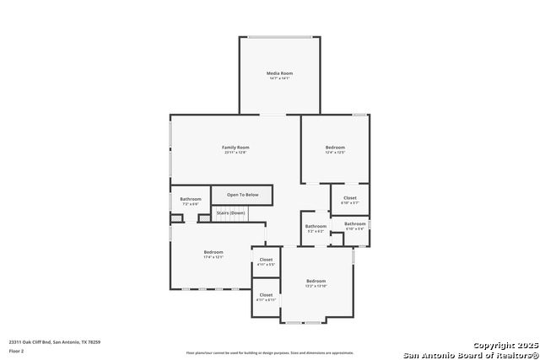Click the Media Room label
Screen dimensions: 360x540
click(279, 73)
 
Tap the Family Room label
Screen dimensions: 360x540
click(235, 148)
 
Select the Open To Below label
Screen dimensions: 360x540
click(242, 195)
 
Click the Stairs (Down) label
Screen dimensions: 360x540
click(230, 212)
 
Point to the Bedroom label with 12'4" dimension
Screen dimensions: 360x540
click(335, 148)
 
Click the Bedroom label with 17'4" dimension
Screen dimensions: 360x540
click(213, 252)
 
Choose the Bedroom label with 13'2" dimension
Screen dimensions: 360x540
click(316, 281)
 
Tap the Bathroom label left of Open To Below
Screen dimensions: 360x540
click(191, 199)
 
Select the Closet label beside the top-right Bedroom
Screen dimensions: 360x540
click(349, 198)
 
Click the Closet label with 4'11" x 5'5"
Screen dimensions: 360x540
click(266, 260)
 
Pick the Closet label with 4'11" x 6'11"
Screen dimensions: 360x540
click(266, 294)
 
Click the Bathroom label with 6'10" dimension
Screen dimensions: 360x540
click(354, 223)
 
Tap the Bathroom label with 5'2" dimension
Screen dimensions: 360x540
click(316, 226)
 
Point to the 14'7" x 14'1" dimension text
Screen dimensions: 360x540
click(279, 78)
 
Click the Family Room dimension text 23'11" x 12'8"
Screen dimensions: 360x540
click(235, 153)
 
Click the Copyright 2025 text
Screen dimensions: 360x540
click(505, 346)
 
